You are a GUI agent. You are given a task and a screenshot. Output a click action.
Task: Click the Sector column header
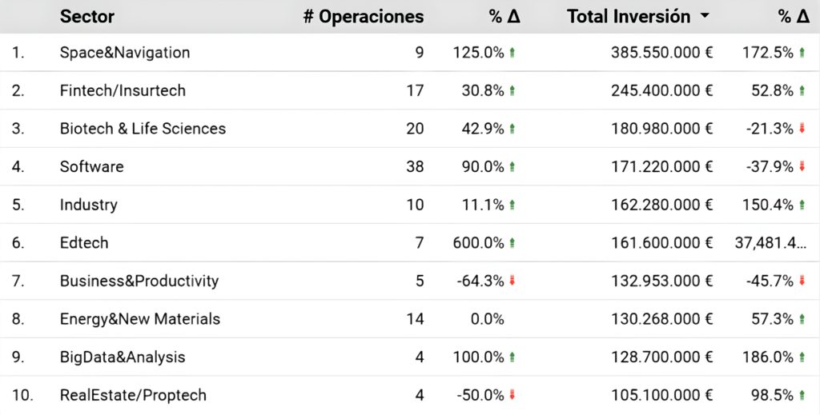click(86, 17)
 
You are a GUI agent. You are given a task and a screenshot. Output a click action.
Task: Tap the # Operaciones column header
click(364, 17)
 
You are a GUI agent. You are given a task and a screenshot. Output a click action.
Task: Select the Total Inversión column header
click(629, 17)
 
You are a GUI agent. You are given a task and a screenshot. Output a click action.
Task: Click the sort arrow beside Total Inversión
click(705, 16)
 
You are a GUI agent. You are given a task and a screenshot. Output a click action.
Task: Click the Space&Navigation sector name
click(124, 52)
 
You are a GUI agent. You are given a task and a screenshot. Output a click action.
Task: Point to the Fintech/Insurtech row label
click(123, 90)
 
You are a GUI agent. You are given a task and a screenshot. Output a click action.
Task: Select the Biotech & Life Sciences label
click(143, 129)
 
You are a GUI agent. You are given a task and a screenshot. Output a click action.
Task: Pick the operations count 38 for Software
click(415, 166)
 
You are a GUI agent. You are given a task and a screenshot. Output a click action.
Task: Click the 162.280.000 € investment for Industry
click(662, 205)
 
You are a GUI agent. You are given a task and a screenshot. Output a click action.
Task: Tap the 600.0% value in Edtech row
click(479, 243)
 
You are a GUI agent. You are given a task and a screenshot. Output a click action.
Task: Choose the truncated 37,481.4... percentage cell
click(770, 243)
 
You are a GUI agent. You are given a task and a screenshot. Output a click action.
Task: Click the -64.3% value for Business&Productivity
click(480, 281)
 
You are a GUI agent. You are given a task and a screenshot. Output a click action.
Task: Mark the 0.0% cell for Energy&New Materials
click(488, 319)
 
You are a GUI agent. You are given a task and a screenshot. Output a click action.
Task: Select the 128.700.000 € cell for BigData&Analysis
click(662, 357)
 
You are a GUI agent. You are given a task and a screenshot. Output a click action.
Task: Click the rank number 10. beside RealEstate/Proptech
click(22, 395)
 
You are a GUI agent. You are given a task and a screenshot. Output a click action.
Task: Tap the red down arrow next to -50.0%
click(512, 395)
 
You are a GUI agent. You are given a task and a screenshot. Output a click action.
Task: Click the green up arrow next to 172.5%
click(802, 52)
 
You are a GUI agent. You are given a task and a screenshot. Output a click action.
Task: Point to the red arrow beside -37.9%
click(802, 166)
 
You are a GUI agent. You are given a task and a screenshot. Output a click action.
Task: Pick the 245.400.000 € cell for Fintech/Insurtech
click(662, 90)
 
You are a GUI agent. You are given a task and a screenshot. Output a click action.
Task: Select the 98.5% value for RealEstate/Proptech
click(773, 395)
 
